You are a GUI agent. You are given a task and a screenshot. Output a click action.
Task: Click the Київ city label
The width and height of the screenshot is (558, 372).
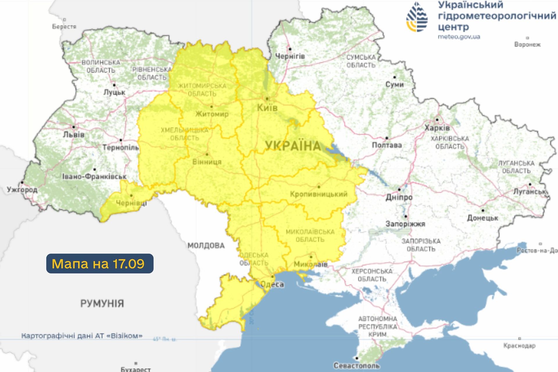[267, 108]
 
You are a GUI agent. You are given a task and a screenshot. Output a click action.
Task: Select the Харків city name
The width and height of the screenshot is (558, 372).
[437, 128]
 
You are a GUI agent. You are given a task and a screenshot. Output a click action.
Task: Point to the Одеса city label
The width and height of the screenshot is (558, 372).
[272, 284]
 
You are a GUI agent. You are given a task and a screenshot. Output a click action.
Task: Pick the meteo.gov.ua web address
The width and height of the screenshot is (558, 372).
[459, 37]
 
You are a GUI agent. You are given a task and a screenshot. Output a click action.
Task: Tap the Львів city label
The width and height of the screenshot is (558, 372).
[74, 135]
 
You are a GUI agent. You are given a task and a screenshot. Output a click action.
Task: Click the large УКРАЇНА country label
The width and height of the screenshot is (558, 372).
[293, 146]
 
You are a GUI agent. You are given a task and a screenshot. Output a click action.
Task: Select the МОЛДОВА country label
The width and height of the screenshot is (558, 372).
[206, 246]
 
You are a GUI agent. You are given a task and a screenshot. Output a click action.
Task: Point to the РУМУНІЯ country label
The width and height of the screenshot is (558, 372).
[102, 304]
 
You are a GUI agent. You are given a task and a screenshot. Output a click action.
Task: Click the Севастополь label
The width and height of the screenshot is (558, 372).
[357, 366]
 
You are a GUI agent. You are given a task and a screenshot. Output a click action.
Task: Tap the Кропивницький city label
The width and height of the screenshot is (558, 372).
[319, 194]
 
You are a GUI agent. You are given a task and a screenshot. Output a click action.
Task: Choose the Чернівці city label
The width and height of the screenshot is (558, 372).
[131, 203]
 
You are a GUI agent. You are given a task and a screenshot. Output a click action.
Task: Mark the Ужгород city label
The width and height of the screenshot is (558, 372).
[22, 190]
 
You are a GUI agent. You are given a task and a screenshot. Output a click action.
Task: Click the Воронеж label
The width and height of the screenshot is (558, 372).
[527, 45]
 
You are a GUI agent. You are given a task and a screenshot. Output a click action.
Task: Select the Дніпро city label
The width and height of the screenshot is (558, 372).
[399, 197]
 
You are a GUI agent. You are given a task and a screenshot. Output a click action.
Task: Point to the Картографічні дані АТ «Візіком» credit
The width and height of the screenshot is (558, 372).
[82, 336]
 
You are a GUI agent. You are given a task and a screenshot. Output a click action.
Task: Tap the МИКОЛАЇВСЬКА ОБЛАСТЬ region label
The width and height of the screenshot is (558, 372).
[310, 236]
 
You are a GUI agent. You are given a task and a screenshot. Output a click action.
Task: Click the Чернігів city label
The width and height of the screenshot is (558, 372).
[290, 56]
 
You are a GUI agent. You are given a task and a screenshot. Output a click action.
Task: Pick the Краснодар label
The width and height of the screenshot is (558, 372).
[519, 346]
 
